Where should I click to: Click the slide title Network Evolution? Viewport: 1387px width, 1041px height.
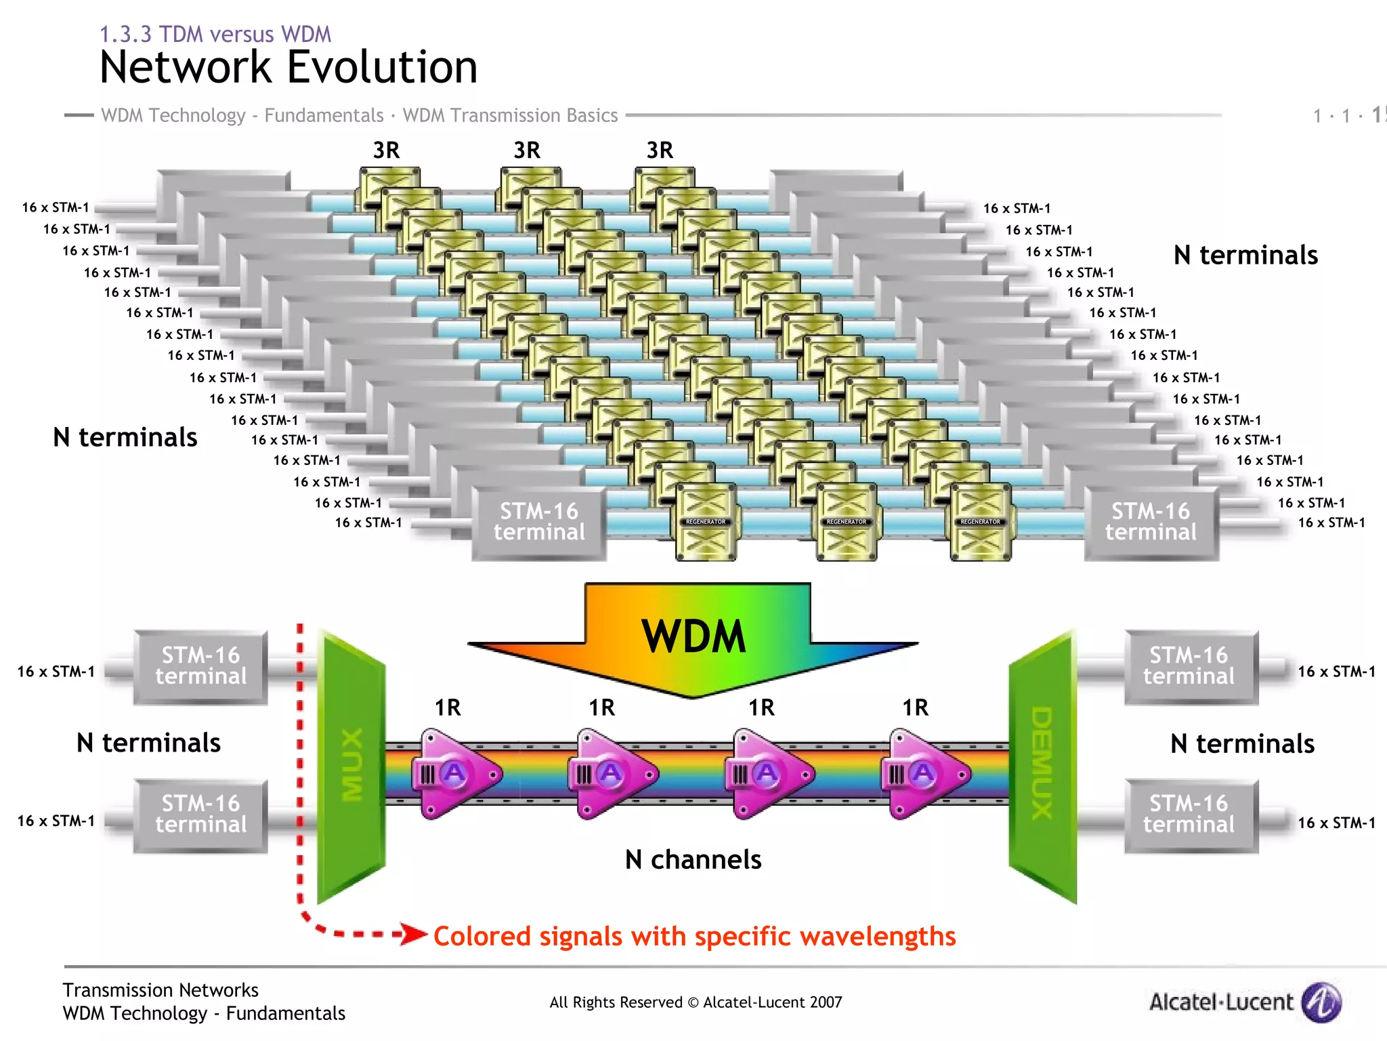click(x=289, y=68)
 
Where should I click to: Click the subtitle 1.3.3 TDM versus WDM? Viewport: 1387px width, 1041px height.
click(x=215, y=34)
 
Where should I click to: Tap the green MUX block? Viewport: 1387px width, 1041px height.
click(x=351, y=766)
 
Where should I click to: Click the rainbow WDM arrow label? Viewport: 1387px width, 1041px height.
click(x=693, y=637)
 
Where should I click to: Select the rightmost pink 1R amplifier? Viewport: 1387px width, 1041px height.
click(x=924, y=773)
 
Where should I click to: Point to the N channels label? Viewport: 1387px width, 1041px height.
click(x=693, y=859)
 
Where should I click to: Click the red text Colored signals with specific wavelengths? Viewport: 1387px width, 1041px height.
click(x=694, y=936)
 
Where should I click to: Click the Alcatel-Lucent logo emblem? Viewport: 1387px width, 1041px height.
click(x=1321, y=1002)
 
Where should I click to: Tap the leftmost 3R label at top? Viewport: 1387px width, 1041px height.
click(x=387, y=150)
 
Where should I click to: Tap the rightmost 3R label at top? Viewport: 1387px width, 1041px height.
click(x=660, y=150)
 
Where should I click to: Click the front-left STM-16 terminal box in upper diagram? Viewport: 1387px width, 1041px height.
click(x=539, y=522)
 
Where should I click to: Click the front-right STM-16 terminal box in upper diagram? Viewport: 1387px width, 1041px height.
click(x=1151, y=522)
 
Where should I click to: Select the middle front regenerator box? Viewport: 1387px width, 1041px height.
click(x=847, y=522)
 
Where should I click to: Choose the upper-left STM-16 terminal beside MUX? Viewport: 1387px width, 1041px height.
click(x=201, y=666)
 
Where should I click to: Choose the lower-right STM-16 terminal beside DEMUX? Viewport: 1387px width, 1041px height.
click(x=1189, y=815)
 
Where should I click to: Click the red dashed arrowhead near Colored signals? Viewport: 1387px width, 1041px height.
click(x=412, y=934)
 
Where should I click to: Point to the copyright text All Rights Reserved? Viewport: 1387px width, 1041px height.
click(x=696, y=1002)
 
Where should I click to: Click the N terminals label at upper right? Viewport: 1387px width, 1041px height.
click(x=1245, y=256)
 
